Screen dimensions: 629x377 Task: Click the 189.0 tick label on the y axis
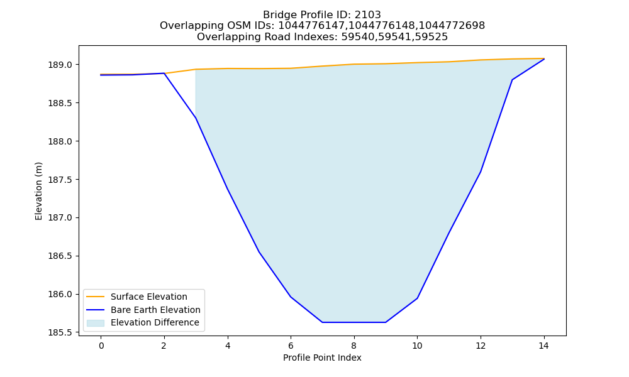click(60, 65)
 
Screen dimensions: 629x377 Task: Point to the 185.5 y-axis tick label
click(60, 332)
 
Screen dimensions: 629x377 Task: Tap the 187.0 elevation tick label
click(60, 218)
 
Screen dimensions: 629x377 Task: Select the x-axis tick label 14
click(543, 346)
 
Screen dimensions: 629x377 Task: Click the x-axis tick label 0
click(101, 346)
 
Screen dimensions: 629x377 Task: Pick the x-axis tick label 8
click(353, 346)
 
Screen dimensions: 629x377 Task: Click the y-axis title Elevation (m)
click(38, 191)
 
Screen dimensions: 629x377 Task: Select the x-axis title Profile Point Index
click(322, 358)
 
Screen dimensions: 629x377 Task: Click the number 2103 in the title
click(367, 15)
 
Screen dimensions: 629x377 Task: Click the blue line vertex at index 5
click(259, 252)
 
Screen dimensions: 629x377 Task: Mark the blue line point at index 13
click(512, 80)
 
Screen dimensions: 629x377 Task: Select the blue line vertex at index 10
click(417, 298)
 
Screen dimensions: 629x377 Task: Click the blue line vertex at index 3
click(196, 118)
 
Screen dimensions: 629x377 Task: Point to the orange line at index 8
click(353, 64)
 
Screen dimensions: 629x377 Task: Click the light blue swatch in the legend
click(96, 323)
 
